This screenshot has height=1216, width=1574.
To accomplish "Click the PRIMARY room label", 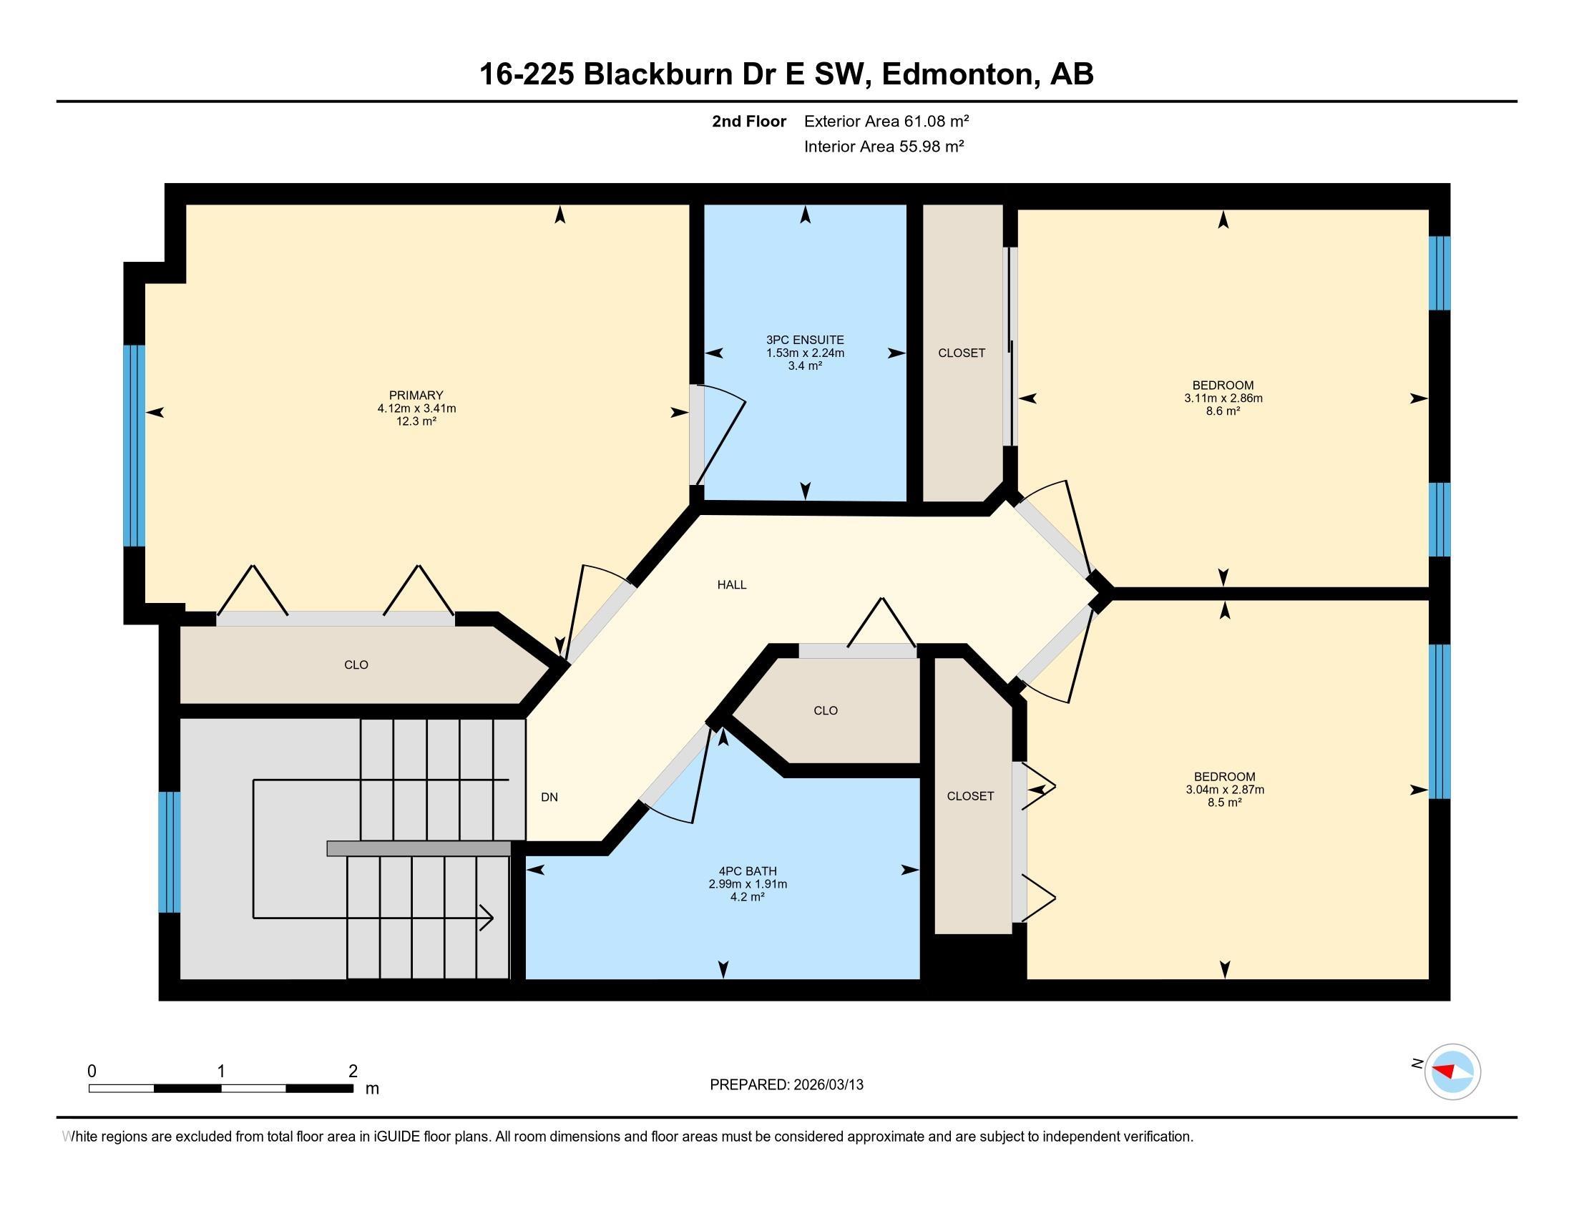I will point(416,395).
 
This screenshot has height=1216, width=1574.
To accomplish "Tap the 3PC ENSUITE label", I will point(804,339).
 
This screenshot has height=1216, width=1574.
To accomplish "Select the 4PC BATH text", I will point(748,871).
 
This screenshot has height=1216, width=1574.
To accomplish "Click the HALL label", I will point(731,585).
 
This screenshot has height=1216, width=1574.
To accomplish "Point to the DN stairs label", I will point(549,797).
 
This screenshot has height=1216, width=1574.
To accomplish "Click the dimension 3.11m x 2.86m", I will point(1223,398).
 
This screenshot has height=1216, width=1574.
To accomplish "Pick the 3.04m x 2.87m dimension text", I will point(1224,789).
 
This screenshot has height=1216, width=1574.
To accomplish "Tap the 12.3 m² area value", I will point(416,421).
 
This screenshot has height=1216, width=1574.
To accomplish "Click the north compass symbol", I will point(1452,1072).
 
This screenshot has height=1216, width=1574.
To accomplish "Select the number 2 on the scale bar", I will point(353,1072).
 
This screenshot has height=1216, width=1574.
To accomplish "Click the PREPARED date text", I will point(786,1084).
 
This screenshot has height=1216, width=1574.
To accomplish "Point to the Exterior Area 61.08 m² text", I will point(886,121).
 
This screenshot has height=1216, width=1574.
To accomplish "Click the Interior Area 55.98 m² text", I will point(884,146).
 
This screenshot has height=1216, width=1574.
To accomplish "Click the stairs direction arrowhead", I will point(487,918).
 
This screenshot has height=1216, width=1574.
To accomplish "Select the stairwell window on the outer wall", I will point(169,851).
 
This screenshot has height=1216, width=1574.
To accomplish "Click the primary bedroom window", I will point(134,445).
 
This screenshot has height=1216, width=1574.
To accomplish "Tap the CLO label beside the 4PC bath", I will point(825,710).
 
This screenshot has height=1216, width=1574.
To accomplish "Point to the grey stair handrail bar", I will point(419,848).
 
